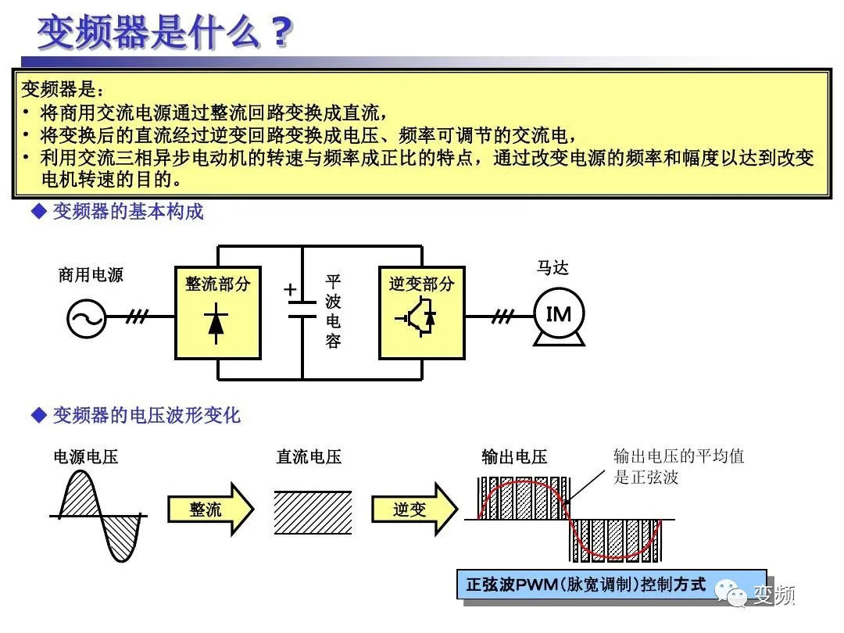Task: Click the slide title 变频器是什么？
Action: click(166, 33)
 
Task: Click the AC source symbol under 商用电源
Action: click(86, 317)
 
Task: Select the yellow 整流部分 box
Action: click(217, 313)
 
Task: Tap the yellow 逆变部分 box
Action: click(421, 313)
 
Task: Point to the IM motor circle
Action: click(559, 315)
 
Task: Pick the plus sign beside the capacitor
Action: click(291, 290)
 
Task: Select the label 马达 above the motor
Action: click(553, 268)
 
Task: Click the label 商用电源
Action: click(91, 275)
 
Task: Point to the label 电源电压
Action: click(86, 457)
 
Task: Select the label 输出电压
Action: click(514, 457)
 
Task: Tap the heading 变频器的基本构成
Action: click(127, 212)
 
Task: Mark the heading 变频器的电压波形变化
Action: click(146, 415)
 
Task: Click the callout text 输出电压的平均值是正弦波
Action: click(678, 467)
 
